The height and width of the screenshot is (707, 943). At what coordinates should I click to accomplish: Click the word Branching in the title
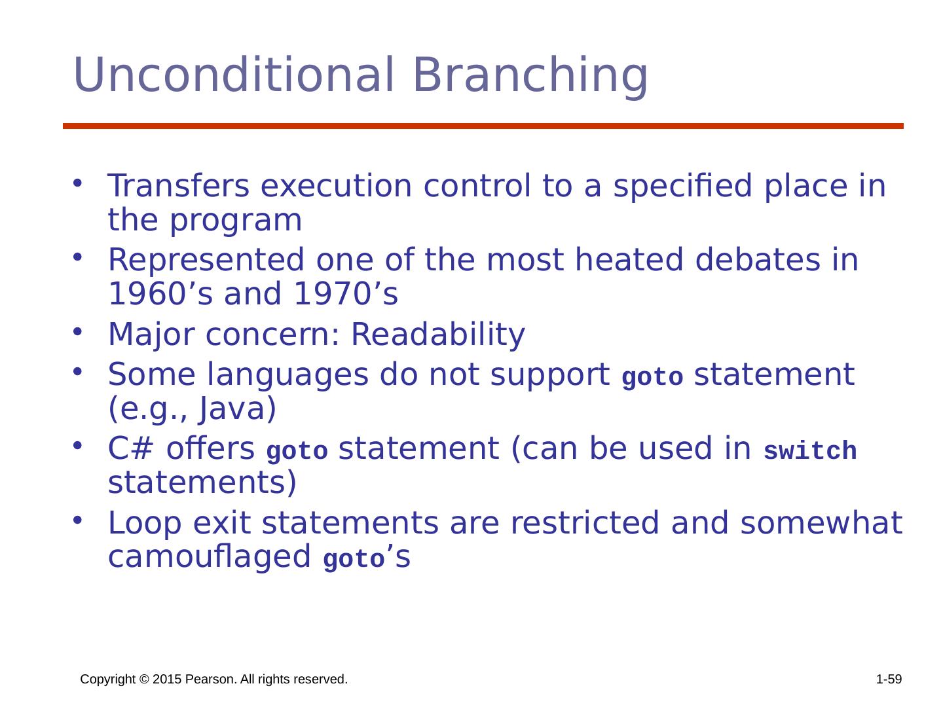coord(530,77)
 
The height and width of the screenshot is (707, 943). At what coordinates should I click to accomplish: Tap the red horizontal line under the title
coord(483,126)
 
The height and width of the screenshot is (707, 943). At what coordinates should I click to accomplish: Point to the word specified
coord(682,187)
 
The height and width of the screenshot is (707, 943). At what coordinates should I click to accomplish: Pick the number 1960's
coord(160,294)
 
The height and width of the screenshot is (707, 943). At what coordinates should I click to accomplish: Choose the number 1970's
coord(346,294)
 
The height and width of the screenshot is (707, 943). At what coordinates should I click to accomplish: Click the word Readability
coord(438,335)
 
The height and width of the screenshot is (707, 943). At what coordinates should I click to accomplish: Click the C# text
coord(130,448)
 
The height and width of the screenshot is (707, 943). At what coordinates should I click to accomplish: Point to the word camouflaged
coord(209,556)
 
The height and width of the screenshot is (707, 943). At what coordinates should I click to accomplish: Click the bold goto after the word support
coord(652,376)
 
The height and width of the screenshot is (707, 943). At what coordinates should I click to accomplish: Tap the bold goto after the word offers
coord(297,451)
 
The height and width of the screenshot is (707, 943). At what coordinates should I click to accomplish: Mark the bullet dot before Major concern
coord(77,331)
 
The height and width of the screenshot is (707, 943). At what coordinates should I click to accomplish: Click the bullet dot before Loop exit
coord(77,520)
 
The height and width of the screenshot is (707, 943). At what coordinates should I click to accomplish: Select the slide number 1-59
coord(889,679)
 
